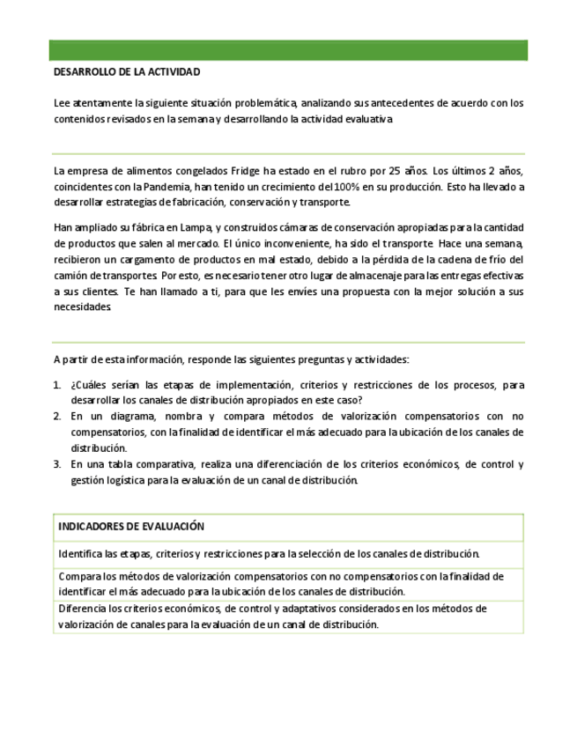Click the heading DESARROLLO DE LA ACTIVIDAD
point(127,71)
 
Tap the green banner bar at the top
point(288,49)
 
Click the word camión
point(73,275)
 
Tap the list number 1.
point(57,385)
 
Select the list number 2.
point(57,416)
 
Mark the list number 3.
point(57,464)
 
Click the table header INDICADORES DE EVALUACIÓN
point(131,527)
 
